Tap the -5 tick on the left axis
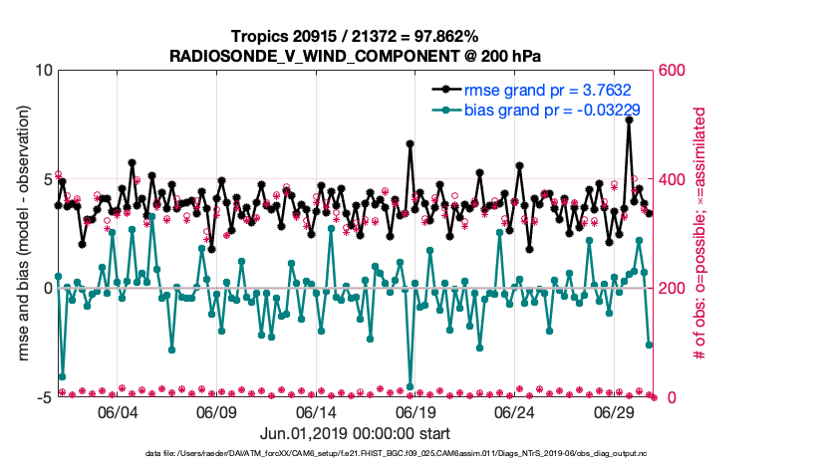[44, 397]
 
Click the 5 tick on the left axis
[47, 180]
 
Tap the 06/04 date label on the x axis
[116, 412]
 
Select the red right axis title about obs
[700, 235]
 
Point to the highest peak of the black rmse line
[629, 119]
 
